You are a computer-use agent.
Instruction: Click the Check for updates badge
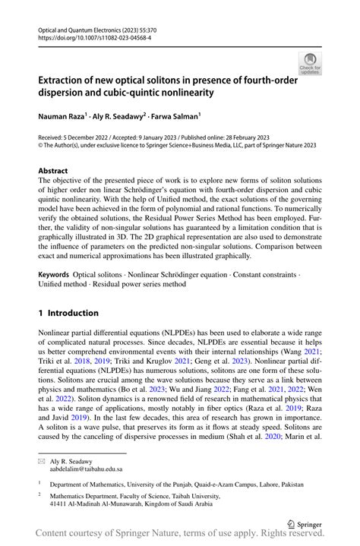pos(310,63)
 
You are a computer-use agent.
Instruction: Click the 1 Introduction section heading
pos(68,313)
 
